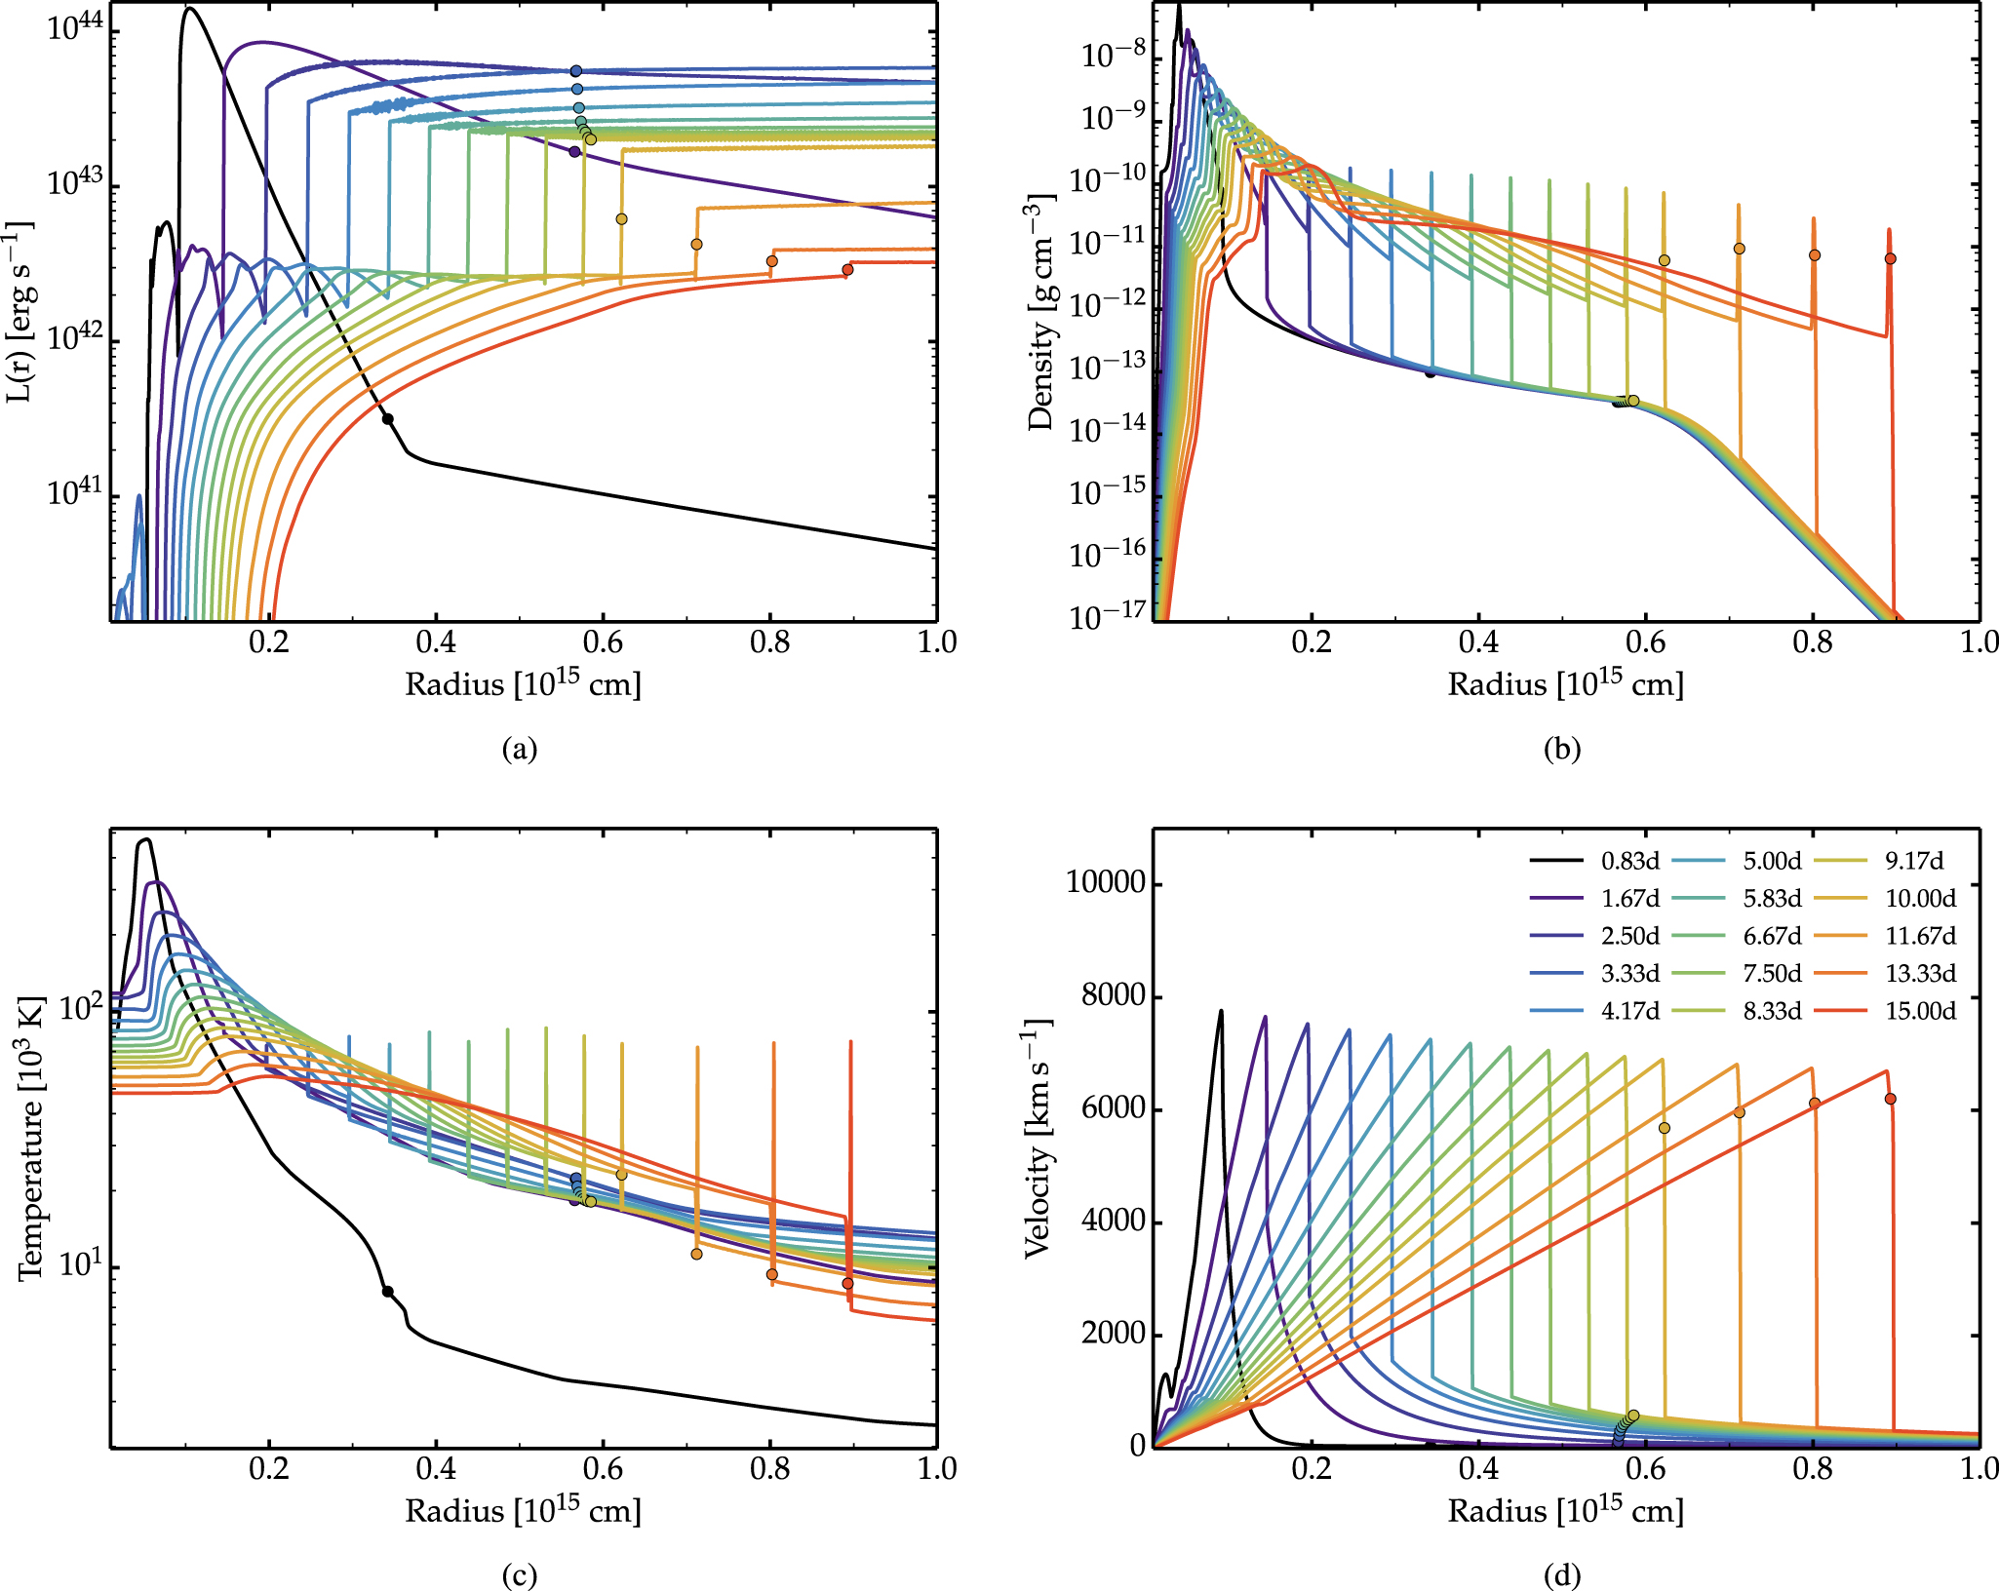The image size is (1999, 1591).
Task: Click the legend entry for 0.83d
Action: (1629, 861)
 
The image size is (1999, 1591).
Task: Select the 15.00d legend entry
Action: (1920, 1011)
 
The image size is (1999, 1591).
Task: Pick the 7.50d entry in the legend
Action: (1772, 973)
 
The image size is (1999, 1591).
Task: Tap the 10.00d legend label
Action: (1920, 898)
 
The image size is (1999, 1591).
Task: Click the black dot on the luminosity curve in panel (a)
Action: (387, 419)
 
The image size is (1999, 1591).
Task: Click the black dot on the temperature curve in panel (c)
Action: (387, 1292)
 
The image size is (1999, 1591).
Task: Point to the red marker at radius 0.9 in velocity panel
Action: (1890, 1099)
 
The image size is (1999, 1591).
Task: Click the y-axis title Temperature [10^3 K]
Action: (31, 1138)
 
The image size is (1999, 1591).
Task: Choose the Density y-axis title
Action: (1040, 312)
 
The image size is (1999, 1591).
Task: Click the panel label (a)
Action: (519, 749)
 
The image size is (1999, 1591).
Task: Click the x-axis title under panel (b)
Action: (1565, 684)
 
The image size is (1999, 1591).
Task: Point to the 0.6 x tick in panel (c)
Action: (603, 1469)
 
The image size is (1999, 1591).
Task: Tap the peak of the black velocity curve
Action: (1220, 1011)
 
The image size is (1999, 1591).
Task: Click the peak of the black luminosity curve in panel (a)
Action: (189, 9)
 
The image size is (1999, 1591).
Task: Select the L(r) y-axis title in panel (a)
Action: (19, 312)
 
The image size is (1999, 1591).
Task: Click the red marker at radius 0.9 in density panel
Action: (1890, 258)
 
